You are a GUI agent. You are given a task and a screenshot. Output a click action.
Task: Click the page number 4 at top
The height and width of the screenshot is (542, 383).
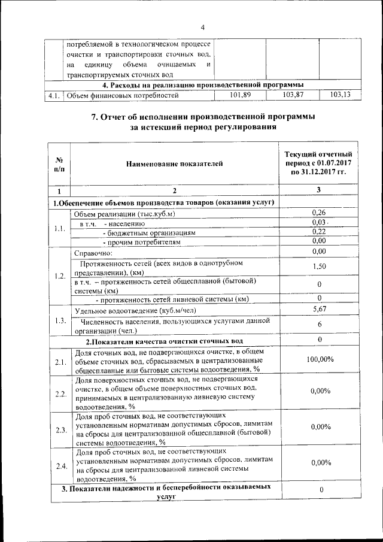202,28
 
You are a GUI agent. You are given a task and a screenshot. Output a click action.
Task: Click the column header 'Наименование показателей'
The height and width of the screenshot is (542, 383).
174,162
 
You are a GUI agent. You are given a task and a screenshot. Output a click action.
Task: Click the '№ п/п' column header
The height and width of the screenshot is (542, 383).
59,165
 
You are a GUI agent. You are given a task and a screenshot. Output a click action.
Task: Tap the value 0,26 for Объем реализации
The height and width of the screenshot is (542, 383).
319,213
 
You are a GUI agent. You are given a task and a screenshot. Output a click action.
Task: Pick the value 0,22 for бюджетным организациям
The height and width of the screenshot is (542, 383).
319,232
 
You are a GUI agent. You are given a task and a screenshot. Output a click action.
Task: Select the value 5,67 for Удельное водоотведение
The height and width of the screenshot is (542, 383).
319,308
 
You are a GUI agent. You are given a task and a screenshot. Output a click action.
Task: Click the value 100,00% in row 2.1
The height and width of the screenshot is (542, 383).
319,359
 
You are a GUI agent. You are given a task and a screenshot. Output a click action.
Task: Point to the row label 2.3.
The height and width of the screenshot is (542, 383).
60,429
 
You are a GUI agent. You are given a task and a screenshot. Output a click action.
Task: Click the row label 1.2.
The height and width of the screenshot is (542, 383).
60,275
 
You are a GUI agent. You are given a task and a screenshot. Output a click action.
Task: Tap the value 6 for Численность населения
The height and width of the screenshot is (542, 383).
319,323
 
